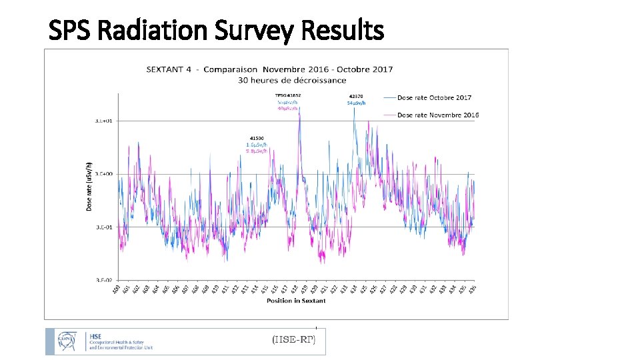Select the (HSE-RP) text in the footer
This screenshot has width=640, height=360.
click(298, 340)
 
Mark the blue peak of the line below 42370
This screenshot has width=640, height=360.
click(355, 108)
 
